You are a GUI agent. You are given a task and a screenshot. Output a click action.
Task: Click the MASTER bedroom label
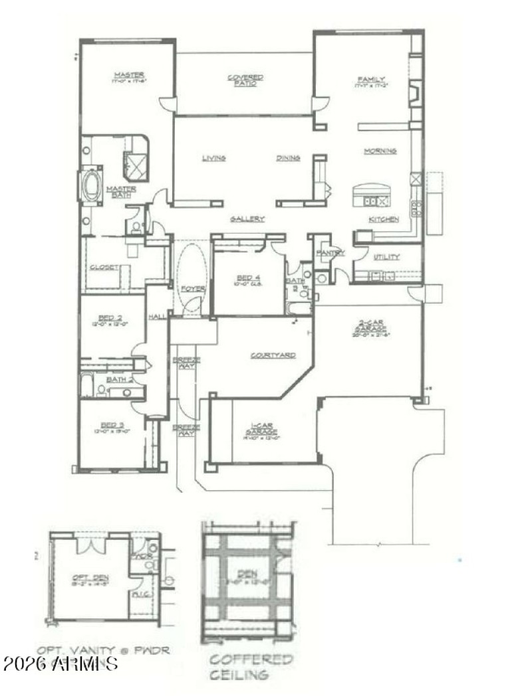(x=128, y=74)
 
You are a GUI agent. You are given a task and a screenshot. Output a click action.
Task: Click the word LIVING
(x=214, y=158)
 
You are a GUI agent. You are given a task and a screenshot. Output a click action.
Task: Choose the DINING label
(x=288, y=158)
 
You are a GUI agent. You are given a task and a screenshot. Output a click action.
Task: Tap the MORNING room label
(x=380, y=151)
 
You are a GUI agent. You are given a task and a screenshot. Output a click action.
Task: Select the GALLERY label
(x=247, y=218)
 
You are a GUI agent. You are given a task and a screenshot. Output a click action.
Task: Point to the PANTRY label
(x=331, y=252)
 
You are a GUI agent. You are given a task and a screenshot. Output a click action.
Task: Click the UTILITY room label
(x=386, y=257)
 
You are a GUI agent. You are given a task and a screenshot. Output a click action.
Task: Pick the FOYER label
(x=193, y=288)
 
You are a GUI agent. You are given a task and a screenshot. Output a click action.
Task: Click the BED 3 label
(x=112, y=425)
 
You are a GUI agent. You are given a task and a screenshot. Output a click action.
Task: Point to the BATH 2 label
(x=116, y=380)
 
